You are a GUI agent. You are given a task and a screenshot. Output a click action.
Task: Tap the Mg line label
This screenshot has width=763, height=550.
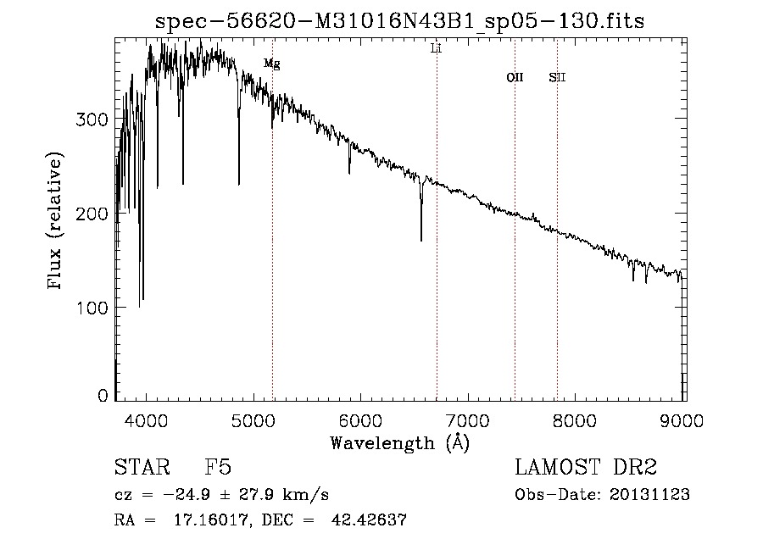pos(271,64)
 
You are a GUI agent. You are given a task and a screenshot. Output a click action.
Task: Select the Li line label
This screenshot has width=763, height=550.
pos(437,49)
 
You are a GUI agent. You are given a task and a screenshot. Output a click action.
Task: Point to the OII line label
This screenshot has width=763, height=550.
pos(515,78)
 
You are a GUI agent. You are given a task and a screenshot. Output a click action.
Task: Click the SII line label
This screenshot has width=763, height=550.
pos(557,78)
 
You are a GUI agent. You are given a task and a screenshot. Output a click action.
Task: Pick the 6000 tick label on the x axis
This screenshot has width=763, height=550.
pos(361,419)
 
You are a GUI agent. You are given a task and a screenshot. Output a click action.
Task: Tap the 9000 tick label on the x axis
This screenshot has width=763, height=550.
pos(683,419)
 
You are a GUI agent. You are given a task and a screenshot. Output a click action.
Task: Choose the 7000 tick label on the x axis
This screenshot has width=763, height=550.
pos(469,419)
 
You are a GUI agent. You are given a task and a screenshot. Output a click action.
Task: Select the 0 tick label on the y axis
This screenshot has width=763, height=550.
pos(104,396)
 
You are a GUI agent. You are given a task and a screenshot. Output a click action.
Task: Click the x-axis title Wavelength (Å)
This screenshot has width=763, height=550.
pos(399,442)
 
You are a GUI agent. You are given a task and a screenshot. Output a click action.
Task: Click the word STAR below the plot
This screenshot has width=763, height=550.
pos(142,468)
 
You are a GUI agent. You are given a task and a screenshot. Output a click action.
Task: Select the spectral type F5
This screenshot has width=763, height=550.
pos(218,468)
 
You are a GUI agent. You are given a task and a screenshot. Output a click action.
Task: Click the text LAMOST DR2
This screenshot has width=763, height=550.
pos(586,468)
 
